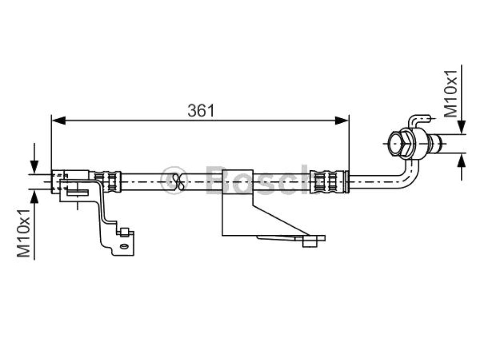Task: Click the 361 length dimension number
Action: tap(201, 110)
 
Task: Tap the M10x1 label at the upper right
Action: tap(450, 94)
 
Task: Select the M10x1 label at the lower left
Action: tap(23, 233)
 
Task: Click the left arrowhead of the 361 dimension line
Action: tap(59, 120)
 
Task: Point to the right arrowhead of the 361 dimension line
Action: tap(342, 120)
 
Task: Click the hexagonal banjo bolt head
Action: tap(400, 143)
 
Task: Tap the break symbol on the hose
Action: tap(179, 182)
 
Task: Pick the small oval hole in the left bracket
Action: tap(124, 247)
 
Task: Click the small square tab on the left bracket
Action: tap(124, 232)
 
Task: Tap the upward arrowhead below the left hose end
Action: tap(34, 196)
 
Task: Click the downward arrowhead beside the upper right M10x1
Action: tap(462, 127)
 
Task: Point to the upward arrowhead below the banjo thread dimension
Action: tap(462, 160)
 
